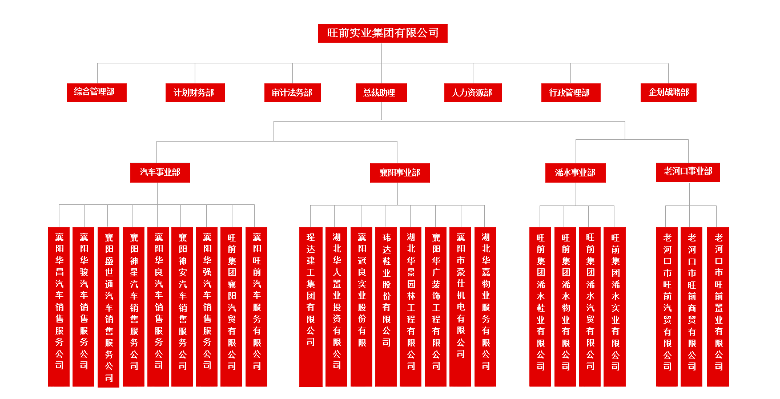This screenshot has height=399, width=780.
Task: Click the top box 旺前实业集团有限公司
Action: [383, 33]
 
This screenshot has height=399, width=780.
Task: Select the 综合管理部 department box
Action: [97, 92]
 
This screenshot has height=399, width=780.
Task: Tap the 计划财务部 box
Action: [195, 92]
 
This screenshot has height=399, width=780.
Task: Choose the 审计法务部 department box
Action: [292, 92]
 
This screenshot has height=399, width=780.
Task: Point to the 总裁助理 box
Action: [381, 92]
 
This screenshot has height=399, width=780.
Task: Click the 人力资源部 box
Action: [473, 92]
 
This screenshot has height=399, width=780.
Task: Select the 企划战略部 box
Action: [668, 92]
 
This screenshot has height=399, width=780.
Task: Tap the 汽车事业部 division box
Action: [160, 172]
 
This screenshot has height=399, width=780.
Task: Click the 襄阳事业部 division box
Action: [400, 172]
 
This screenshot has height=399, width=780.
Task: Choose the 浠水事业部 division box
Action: [575, 172]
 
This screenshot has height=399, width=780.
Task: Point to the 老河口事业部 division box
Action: [687, 172]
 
